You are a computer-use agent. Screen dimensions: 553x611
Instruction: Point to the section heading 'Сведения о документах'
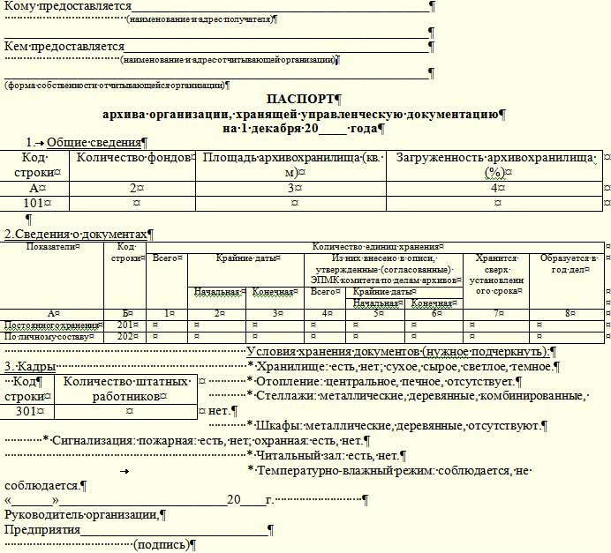78,234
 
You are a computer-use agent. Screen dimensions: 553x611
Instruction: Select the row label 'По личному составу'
35,336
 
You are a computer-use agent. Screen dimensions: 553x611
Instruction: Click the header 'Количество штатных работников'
124,389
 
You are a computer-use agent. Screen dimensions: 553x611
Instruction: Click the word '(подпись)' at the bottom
160,545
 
